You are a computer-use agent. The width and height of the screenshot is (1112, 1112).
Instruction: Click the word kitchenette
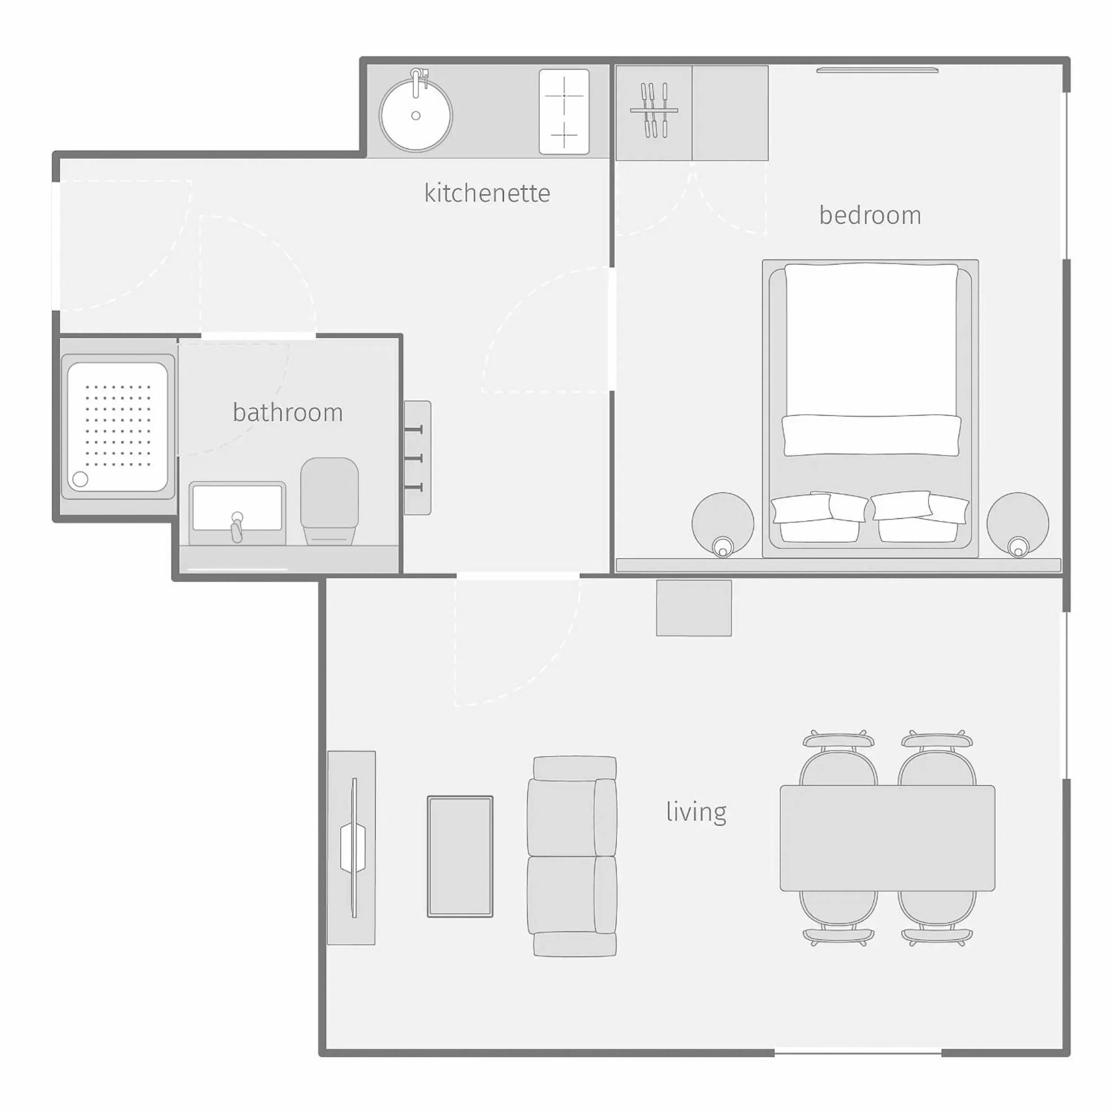coord(487,193)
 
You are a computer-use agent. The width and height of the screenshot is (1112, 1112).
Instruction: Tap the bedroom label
coord(870,215)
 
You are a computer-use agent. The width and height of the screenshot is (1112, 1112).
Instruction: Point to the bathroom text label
coord(288,413)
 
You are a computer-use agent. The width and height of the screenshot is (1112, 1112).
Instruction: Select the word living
coord(696,812)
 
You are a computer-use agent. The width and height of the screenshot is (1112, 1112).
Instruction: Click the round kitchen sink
coord(416,116)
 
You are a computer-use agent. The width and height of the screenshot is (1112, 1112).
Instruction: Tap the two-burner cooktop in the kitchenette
coord(564,112)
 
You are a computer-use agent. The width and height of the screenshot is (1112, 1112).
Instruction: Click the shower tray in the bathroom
coord(117,426)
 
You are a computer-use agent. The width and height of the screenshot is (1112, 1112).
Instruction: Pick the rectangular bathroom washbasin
coord(237,509)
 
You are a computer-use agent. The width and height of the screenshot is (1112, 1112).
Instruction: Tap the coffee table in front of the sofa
coord(460,856)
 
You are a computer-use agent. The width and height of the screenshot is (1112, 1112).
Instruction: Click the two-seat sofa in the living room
coord(572,856)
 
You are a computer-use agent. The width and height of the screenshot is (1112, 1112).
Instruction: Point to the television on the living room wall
coord(353,848)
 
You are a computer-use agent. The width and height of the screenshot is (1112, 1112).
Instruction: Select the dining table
coord(887,838)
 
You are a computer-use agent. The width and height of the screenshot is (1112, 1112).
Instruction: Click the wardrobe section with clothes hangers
coord(654,113)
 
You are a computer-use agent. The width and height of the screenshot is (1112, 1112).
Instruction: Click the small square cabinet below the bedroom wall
coord(694,608)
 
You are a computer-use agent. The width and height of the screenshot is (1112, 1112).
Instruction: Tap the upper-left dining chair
coord(838,759)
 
